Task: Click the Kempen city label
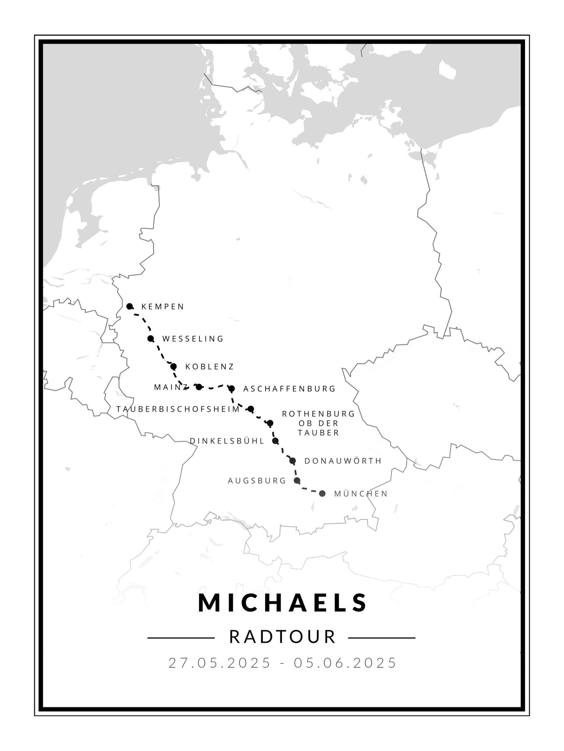click(x=162, y=307)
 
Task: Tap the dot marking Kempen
click(x=130, y=306)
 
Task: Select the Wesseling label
click(x=193, y=339)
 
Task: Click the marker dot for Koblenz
click(x=173, y=367)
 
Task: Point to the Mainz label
click(x=171, y=387)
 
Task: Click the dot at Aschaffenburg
click(x=231, y=388)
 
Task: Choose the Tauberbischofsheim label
click(x=178, y=409)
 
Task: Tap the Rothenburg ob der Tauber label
click(x=318, y=423)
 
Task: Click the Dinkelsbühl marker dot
click(x=275, y=441)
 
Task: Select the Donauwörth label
click(x=343, y=461)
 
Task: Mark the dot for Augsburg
click(x=297, y=480)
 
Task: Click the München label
click(x=361, y=494)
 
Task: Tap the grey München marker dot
click(x=322, y=494)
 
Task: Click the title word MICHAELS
click(x=283, y=603)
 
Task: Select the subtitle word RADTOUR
click(x=283, y=637)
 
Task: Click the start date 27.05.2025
click(x=219, y=663)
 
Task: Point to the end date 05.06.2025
click(x=345, y=663)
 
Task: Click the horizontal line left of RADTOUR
click(x=181, y=638)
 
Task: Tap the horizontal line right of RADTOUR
click(x=381, y=638)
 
